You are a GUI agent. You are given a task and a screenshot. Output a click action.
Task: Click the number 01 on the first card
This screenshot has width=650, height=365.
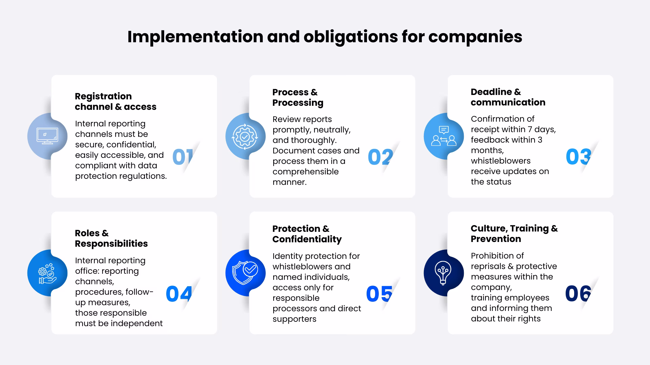coord(183,157)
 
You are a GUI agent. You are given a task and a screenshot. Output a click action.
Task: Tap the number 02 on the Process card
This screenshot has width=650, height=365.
coord(381,157)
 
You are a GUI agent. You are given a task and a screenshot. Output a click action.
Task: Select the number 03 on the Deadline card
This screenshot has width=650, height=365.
coord(579,157)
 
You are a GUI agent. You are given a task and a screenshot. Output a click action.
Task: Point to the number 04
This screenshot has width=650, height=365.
coord(179,294)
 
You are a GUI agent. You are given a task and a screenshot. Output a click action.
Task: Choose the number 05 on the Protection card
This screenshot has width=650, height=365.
coord(379,294)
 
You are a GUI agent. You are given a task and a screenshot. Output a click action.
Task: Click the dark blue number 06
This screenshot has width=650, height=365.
coord(578,293)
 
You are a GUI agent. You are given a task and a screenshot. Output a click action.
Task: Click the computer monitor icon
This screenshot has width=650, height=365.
coord(47,136)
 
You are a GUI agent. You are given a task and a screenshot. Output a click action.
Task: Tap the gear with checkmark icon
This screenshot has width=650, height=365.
coord(245,137)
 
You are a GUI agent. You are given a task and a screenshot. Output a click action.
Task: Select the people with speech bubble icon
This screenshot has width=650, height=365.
coord(443,136)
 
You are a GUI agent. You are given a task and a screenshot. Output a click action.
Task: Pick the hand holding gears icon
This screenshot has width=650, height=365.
coord(47,273)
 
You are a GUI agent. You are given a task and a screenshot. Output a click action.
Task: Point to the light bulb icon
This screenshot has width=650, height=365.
coord(443,273)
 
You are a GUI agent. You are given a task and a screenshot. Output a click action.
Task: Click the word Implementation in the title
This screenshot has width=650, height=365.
coord(195,37)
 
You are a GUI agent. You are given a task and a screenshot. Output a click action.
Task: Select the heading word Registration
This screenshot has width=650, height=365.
coord(103,97)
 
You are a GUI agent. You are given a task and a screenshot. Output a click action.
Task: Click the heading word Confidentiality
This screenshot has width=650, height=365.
coord(307,240)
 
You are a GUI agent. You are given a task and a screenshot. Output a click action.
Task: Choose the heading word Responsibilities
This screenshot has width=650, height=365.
coord(111,244)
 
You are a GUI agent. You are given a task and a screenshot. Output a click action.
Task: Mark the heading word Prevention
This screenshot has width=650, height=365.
coord(496,239)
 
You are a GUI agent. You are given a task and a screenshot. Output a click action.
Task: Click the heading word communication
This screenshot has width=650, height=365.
coord(508,102)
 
